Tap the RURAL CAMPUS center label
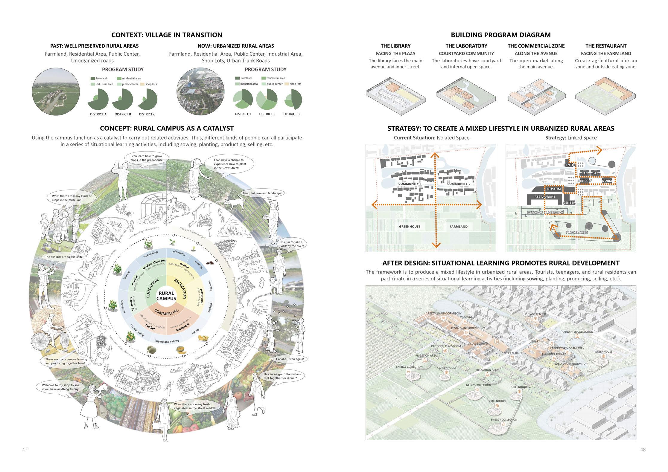(166, 296)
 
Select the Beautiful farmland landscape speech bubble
(262, 193)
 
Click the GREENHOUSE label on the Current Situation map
(410, 227)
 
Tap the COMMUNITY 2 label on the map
(459, 184)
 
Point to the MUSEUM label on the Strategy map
(553, 189)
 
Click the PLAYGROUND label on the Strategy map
(577, 232)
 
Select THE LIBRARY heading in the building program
(395, 46)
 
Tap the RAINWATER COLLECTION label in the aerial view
(577, 332)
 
